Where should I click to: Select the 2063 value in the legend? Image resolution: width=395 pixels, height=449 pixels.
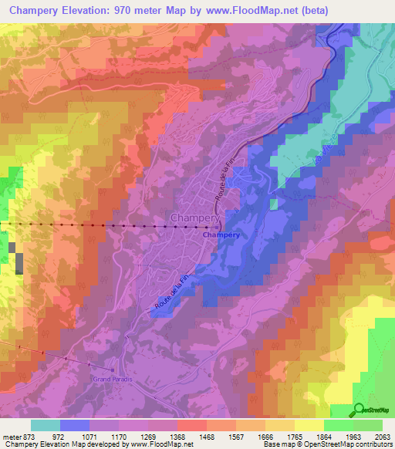(x=381, y=436)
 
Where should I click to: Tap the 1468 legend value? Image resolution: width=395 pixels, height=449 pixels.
(x=184, y=436)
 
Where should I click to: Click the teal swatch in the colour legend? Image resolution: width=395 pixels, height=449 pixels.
(x=46, y=424)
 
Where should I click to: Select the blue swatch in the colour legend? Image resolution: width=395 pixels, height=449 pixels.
(x=75, y=424)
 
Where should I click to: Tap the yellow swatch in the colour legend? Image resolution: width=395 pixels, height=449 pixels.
(x=309, y=424)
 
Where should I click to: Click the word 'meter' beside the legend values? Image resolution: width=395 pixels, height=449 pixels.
(x=14, y=436)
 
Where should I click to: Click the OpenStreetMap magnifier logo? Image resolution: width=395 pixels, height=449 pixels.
(x=360, y=409)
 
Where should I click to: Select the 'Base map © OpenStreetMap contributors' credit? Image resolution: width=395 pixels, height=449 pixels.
(x=326, y=444)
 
